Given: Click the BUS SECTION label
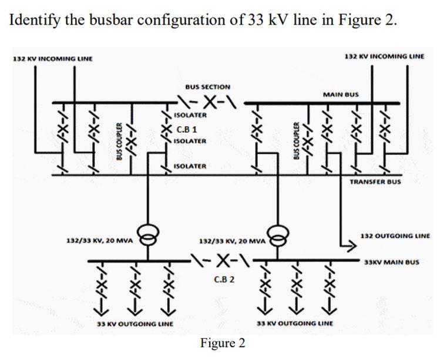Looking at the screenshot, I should [x=207, y=87].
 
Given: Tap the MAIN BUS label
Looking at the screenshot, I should [x=341, y=94].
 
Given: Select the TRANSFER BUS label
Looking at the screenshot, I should [x=375, y=182].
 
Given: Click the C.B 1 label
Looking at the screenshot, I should [x=186, y=129].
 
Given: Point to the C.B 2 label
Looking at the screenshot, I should [x=224, y=279].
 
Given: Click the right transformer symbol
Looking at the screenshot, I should [x=277, y=235].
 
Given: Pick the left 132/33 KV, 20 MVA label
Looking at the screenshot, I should [x=99, y=240].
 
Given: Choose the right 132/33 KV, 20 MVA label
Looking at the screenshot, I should [x=233, y=241].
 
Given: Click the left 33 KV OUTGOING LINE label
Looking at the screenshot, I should [x=135, y=324].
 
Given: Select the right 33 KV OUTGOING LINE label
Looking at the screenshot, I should [x=295, y=324].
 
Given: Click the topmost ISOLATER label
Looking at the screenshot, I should [x=190, y=115].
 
